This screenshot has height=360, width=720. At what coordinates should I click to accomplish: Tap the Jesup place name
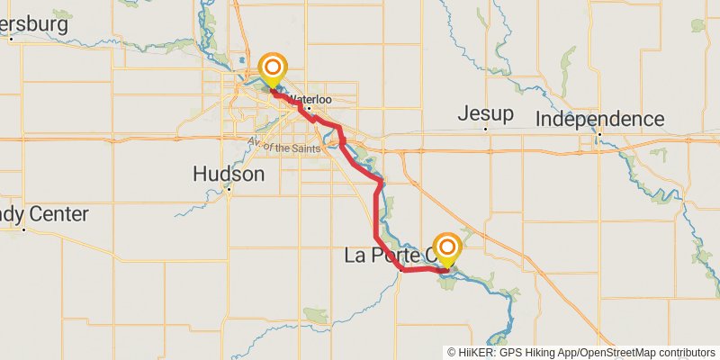[x=485, y=114]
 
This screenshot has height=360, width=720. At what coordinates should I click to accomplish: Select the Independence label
[x=599, y=119]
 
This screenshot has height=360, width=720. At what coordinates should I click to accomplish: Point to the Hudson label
[x=229, y=174]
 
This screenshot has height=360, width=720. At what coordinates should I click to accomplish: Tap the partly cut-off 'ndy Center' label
[x=45, y=214]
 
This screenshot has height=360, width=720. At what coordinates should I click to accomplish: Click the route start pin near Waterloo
[x=273, y=69]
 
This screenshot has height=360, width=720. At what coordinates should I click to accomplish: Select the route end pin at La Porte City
[x=447, y=248]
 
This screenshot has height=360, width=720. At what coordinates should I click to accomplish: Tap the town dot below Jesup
[x=485, y=129]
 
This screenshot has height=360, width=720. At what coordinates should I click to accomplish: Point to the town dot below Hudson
[x=229, y=189]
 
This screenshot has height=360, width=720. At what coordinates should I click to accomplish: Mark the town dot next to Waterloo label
[x=308, y=109]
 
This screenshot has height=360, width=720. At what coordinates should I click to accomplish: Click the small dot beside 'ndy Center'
[x=24, y=229]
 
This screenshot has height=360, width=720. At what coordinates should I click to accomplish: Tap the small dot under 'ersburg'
[x=10, y=39]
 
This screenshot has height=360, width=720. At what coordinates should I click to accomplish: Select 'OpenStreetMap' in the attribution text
[x=616, y=352]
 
